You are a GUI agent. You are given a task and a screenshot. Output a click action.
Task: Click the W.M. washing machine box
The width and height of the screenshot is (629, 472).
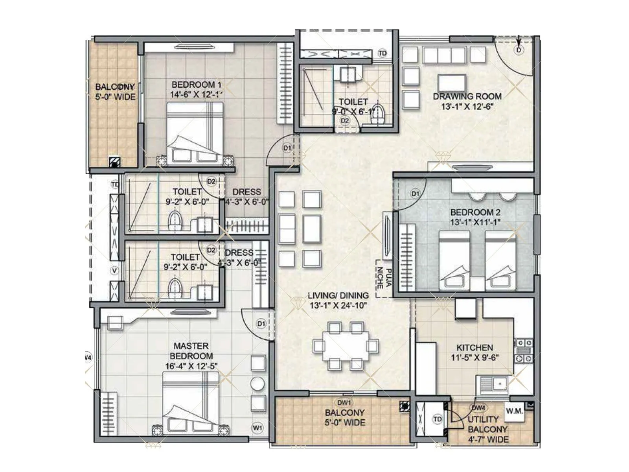pyautogui.click(x=515, y=411)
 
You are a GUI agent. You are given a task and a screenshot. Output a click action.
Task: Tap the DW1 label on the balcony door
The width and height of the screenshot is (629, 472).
pyautogui.click(x=344, y=402)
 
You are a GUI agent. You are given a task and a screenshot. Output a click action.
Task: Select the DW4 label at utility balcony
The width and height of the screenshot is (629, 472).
pyautogui.click(x=478, y=407)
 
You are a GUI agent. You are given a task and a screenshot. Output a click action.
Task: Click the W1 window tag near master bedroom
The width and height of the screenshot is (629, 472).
pyautogui.click(x=257, y=427)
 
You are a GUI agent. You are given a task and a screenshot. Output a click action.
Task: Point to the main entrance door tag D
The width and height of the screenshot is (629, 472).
pyautogui.click(x=519, y=50)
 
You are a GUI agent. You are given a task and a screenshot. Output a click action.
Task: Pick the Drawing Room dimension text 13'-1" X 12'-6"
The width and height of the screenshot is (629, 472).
pyautogui.click(x=467, y=107)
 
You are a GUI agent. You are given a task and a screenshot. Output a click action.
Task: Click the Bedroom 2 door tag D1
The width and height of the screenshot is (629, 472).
pyautogui.click(x=415, y=194)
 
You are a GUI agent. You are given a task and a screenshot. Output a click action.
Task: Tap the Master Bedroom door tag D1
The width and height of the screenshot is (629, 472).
pyautogui.click(x=261, y=323)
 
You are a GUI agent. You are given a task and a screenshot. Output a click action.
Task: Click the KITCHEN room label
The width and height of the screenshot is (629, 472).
pyautogui.click(x=475, y=348)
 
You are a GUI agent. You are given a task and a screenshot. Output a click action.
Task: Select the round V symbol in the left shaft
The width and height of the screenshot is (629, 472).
pyautogui.click(x=114, y=271)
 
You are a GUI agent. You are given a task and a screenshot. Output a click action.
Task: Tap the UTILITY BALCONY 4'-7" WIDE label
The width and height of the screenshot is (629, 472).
pyautogui.click(x=487, y=429)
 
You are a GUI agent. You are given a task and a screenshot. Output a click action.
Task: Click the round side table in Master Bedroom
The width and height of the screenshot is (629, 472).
pyautogui.click(x=258, y=384)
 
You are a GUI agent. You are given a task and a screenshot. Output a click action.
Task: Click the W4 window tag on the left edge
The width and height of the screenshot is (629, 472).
pyautogui.click(x=88, y=358)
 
